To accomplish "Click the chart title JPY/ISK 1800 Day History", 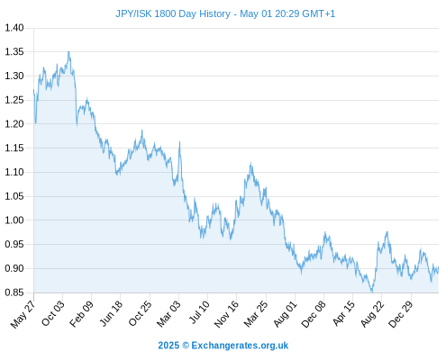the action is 173,13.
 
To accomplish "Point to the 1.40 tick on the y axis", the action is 14,28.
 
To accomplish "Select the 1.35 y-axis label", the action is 14,52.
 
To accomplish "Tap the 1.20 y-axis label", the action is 14,124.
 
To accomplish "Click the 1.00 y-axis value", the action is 14,220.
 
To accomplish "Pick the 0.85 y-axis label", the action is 14,292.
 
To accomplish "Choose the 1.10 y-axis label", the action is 14,172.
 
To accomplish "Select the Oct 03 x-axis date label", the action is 52,312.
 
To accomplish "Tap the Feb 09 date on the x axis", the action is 81,313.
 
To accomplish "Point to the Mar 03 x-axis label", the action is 168,313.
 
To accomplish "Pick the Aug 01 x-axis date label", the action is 285,313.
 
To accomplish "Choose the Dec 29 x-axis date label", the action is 400,313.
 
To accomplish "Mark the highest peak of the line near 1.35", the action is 68,51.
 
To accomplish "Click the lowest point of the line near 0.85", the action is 372,292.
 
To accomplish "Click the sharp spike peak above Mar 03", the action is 179,142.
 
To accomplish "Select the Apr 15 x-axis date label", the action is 343,313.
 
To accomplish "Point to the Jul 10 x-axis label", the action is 198,311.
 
